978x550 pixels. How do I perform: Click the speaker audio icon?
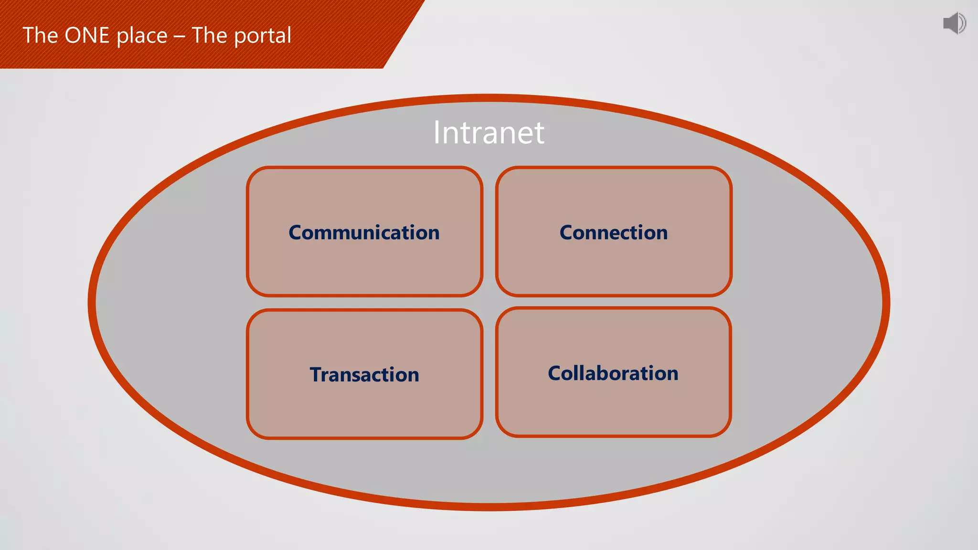(954, 23)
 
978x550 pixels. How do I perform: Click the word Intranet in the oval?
(489, 132)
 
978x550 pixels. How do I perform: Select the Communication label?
(364, 233)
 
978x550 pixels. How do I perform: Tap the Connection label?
(614, 233)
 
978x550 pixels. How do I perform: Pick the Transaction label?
(364, 375)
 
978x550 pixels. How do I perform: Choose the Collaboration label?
(613, 373)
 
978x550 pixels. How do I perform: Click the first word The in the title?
(40, 36)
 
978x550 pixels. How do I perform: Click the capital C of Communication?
(296, 233)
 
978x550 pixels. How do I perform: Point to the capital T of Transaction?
(316, 375)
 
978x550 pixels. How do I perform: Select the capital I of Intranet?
(437, 132)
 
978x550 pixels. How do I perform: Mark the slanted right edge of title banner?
(404, 34)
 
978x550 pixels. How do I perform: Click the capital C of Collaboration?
(555, 373)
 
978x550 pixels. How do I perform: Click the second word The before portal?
(209, 36)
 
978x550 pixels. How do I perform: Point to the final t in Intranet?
(539, 133)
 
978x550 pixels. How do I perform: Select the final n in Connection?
(661, 233)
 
